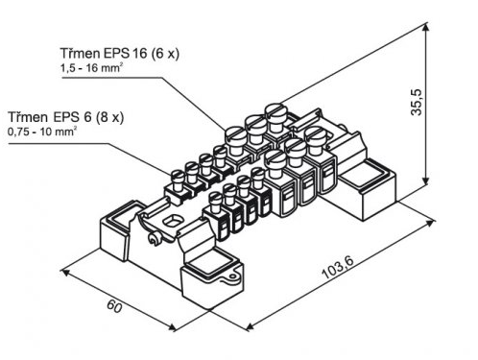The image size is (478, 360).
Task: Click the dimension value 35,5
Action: [x=417, y=103]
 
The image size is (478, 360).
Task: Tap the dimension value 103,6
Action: [x=338, y=268]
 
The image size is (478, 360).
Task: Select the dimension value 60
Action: [x=114, y=306]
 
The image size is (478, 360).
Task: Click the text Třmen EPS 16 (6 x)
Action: [x=120, y=53]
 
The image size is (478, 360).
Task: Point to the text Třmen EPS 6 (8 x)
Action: [x=65, y=117]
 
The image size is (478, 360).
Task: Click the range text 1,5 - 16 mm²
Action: [x=92, y=68]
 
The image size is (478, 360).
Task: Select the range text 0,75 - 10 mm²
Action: [x=42, y=132]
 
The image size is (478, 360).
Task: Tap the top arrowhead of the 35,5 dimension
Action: [x=425, y=27]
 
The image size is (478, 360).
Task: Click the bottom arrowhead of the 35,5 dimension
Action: [x=425, y=180]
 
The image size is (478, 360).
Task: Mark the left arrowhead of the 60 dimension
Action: [x=65, y=272]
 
